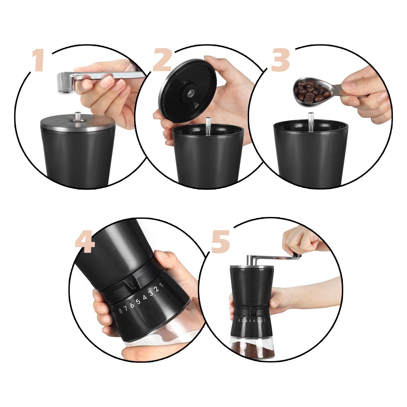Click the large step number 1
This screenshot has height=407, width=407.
38,61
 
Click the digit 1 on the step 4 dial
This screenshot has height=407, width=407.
161,285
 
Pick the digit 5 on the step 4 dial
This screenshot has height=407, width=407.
139,302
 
